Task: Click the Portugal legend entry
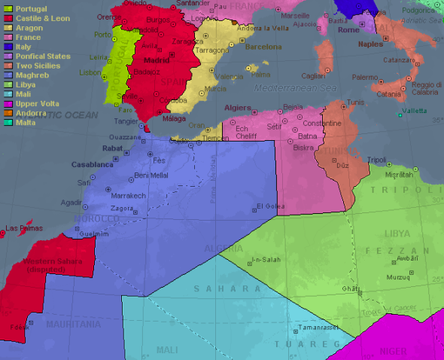tap(26, 8)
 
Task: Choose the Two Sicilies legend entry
tap(35, 64)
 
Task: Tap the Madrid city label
tap(157, 60)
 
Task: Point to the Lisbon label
tap(90, 72)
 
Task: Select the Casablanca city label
tap(91, 164)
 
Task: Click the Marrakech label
tap(127, 195)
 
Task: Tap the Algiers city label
tap(239, 108)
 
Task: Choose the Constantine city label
tap(321, 123)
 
